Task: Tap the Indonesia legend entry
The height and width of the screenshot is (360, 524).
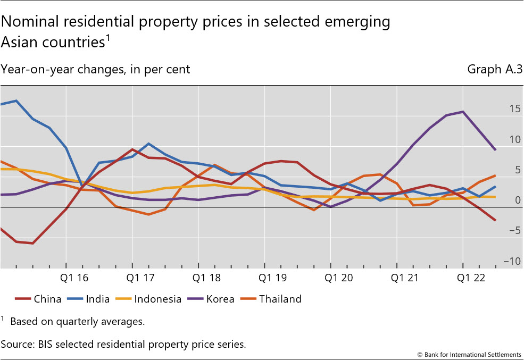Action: [x=150, y=299]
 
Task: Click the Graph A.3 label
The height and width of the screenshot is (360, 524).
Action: [x=495, y=69]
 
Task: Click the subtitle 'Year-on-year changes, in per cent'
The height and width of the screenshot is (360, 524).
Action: [x=96, y=69]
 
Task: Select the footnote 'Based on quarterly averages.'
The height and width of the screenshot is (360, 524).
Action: [x=77, y=321]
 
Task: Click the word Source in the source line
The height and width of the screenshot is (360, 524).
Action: [x=16, y=344]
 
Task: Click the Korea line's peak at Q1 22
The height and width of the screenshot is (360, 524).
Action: [x=463, y=112]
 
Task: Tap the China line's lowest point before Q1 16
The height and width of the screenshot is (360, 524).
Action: [x=33, y=244]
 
